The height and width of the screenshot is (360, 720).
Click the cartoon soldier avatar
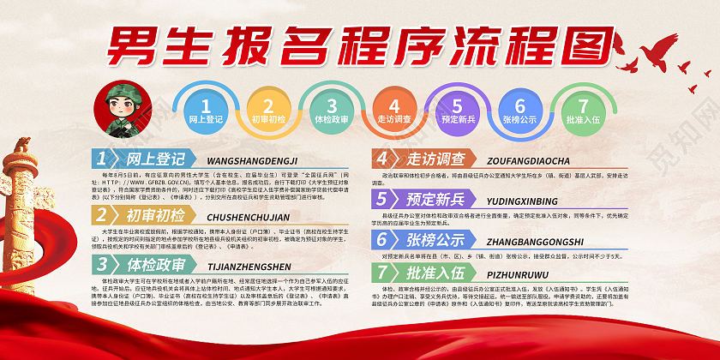click(x=123, y=111)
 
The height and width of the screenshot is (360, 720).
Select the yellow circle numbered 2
click(x=268, y=111)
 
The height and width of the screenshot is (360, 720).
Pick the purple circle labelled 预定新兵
click(x=458, y=111)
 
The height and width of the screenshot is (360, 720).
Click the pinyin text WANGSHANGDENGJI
click(x=252, y=160)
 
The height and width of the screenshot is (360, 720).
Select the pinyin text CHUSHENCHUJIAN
click(x=249, y=216)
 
